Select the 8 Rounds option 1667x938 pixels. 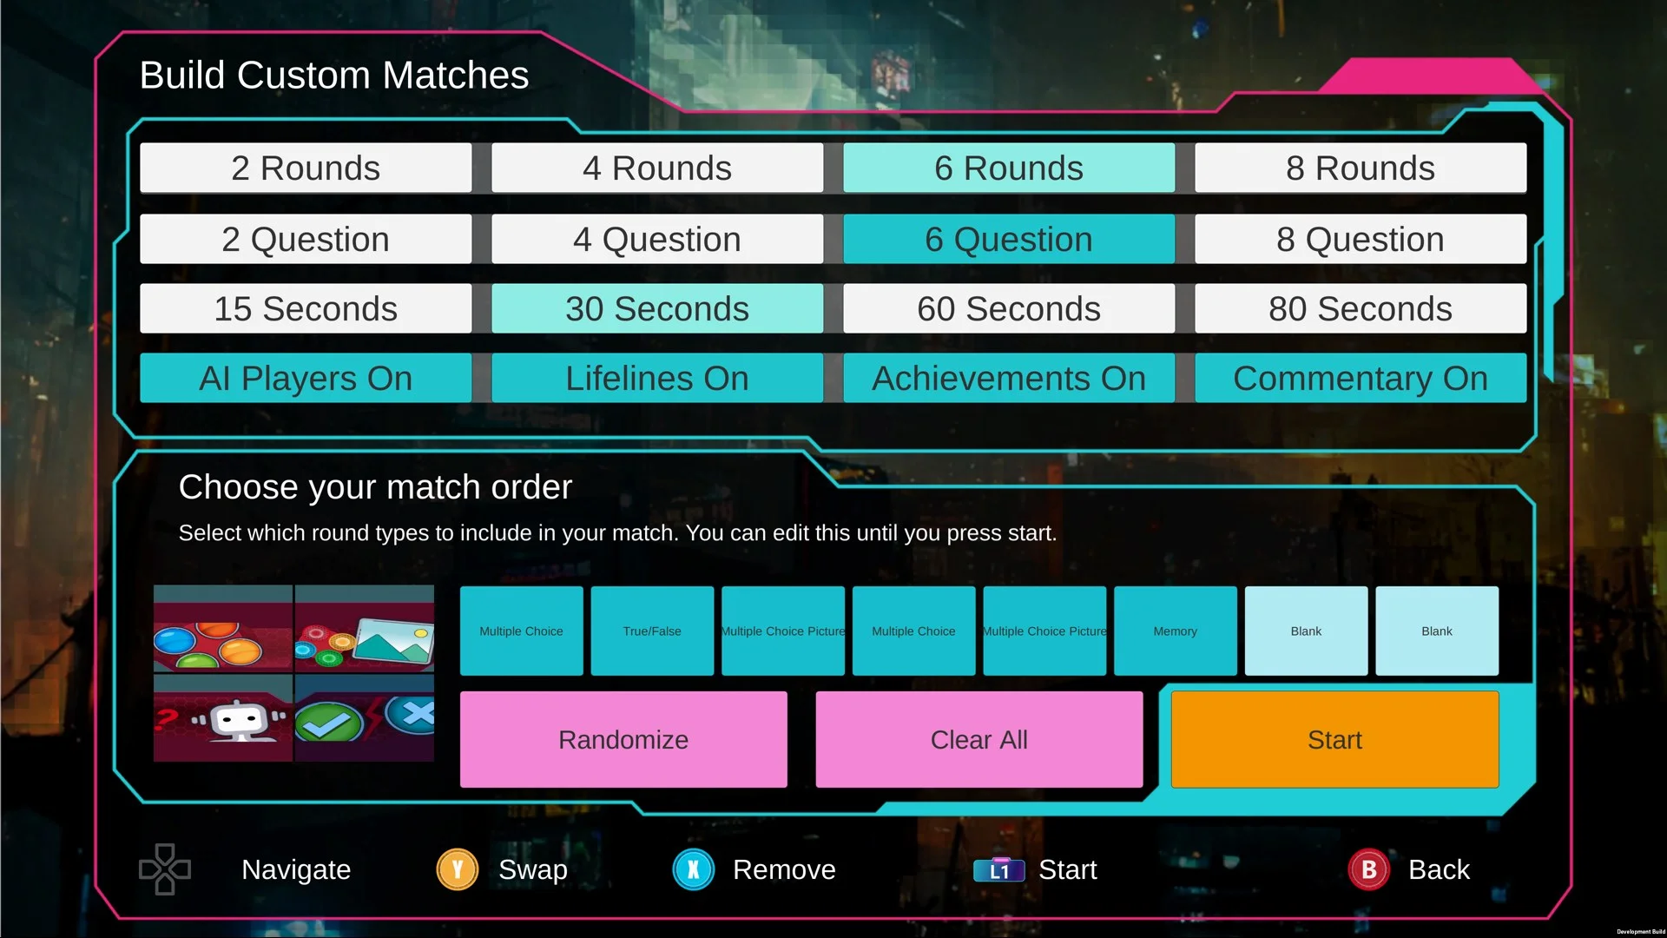(x=1360, y=168)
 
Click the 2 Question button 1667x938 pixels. (x=306, y=239)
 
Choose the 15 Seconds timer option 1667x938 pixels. (x=306, y=308)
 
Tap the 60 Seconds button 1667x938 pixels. (x=1009, y=308)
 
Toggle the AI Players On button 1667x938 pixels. (x=306, y=378)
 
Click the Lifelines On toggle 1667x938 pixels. (x=657, y=378)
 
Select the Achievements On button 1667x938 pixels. (x=1009, y=378)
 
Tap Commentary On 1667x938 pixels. (x=1360, y=378)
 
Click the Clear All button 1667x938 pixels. (x=979, y=739)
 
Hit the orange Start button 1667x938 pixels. (x=1334, y=739)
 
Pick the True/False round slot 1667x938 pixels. (x=652, y=631)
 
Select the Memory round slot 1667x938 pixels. (x=1176, y=631)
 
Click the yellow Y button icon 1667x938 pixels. (x=458, y=869)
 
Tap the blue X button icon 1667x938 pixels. (x=694, y=869)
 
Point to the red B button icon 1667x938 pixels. (x=1369, y=869)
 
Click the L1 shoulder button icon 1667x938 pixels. (x=999, y=869)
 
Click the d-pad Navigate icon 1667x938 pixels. (x=165, y=869)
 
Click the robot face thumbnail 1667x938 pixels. (x=223, y=718)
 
